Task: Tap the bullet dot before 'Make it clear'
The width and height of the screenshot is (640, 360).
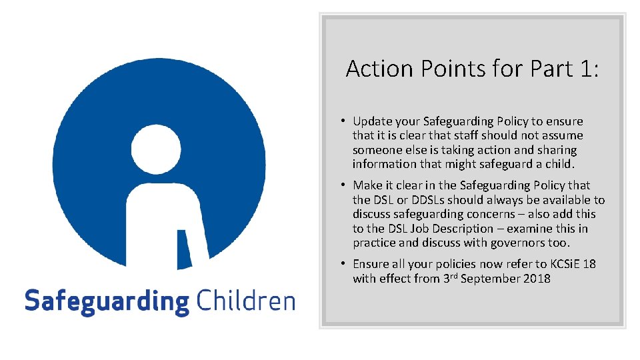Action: pos(341,185)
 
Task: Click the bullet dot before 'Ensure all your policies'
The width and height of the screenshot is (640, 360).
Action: pos(341,264)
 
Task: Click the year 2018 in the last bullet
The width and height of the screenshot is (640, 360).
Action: pos(537,279)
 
